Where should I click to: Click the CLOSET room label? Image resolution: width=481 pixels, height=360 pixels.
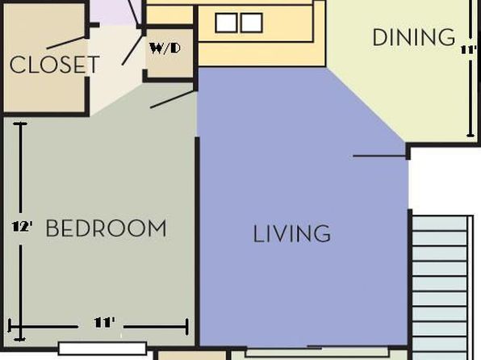55,65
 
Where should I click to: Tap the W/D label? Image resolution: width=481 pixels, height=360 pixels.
165,48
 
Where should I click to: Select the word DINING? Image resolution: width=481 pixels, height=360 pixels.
414,37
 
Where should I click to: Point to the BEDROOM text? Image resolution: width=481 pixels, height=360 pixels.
106,228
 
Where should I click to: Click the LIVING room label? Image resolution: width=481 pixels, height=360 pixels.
291,233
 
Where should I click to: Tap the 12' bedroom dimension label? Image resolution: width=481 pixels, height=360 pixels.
22,227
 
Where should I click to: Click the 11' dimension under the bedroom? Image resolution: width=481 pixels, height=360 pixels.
104,323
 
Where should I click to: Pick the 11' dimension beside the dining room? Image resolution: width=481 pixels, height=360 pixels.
469,49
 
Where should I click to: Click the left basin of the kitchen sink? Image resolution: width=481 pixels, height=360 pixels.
226,23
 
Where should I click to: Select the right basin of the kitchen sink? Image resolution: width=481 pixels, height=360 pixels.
251,23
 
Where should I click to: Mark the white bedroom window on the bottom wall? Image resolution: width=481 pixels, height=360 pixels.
102,349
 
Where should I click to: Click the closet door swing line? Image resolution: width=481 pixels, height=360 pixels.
65,43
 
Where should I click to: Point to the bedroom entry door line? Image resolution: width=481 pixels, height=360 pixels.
173,99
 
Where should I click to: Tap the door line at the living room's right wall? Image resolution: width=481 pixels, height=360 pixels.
379,157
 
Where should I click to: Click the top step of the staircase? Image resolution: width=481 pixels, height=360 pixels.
439,224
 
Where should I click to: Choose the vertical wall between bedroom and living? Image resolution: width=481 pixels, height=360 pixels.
198,242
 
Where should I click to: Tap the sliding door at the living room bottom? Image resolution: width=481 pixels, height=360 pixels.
317,351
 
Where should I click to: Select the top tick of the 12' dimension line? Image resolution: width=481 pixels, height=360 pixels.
20,123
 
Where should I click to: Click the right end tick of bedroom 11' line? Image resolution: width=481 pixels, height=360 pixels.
186,327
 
